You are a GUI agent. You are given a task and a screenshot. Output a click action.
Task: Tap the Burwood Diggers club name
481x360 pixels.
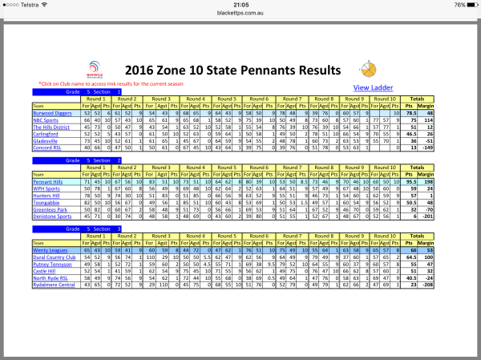[50, 115]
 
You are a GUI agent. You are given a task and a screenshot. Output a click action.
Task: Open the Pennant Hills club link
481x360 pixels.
[49, 183]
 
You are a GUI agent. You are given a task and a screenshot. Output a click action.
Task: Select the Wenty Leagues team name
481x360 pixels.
[47, 251]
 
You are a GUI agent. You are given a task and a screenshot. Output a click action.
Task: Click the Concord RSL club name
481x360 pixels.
[46, 148]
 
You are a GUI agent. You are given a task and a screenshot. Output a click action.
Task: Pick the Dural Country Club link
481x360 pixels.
[51, 257]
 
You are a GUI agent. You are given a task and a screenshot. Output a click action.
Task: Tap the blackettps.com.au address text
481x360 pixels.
[240, 14]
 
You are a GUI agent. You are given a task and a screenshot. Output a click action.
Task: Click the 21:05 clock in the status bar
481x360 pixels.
[240, 4]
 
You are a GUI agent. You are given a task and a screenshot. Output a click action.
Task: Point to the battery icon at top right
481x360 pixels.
[467, 4]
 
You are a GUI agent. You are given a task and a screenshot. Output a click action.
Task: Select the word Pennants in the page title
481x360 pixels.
[252, 71]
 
